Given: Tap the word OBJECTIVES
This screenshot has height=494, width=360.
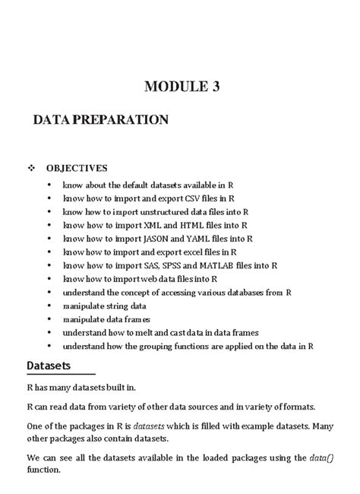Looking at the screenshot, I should click(76, 168).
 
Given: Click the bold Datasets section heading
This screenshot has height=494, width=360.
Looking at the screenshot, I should click(49, 366).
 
